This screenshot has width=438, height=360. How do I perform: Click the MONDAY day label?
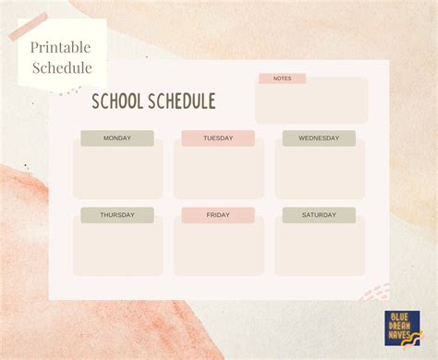[x=117, y=138]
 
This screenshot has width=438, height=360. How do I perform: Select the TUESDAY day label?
[x=218, y=138]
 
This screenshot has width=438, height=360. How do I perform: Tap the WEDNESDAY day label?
[x=319, y=138]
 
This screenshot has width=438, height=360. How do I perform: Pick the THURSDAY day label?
[x=117, y=215]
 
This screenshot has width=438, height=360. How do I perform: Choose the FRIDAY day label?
[x=218, y=215]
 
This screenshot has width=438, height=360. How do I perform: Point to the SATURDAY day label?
[x=319, y=215]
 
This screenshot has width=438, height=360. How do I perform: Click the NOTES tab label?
[x=282, y=78]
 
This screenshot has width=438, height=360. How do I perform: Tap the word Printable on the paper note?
[x=61, y=48]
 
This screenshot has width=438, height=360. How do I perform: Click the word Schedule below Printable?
[x=61, y=67]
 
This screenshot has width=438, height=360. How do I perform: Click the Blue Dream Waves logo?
[x=402, y=328]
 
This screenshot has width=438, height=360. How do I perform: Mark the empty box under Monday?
[x=117, y=172]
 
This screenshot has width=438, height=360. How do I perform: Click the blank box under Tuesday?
[x=218, y=172]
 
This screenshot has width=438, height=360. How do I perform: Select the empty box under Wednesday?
[x=319, y=172]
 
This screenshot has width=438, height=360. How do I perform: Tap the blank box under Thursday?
[x=117, y=248]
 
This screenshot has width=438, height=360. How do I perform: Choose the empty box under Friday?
[x=218, y=248]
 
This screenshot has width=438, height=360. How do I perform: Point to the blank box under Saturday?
[x=319, y=248]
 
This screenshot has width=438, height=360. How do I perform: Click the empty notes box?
[x=311, y=103]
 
